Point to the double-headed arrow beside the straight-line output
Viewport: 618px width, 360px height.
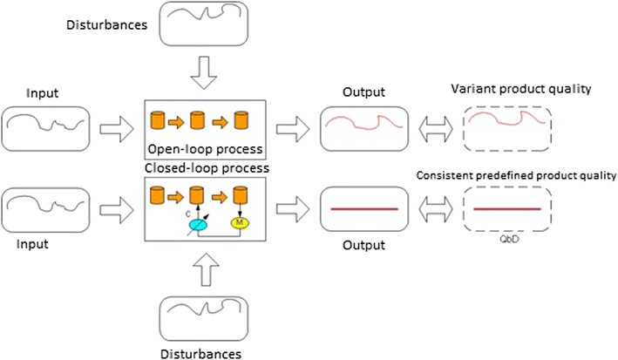pyautogui.click(x=432, y=210)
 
